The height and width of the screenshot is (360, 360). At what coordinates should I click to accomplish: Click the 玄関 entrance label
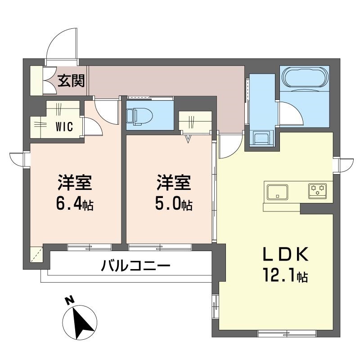coord(71,81)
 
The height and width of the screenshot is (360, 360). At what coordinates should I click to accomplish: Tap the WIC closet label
coord(64,126)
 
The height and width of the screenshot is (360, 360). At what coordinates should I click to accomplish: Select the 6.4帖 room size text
coord(75,205)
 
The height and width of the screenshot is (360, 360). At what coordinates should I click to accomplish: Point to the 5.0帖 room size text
coord(174,205)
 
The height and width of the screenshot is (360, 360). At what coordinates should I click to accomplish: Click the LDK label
coord(285,254)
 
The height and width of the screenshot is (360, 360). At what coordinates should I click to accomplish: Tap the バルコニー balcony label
coord(136,265)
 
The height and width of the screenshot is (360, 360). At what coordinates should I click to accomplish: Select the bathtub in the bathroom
coord(305,77)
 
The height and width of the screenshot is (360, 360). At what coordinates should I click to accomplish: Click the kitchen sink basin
coord(277,192)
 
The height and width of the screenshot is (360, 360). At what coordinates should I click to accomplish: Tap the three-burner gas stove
coord(318,190)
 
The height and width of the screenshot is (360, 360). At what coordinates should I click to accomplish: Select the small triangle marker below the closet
coord(188,139)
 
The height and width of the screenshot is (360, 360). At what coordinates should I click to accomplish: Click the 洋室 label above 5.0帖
coord(174,183)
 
